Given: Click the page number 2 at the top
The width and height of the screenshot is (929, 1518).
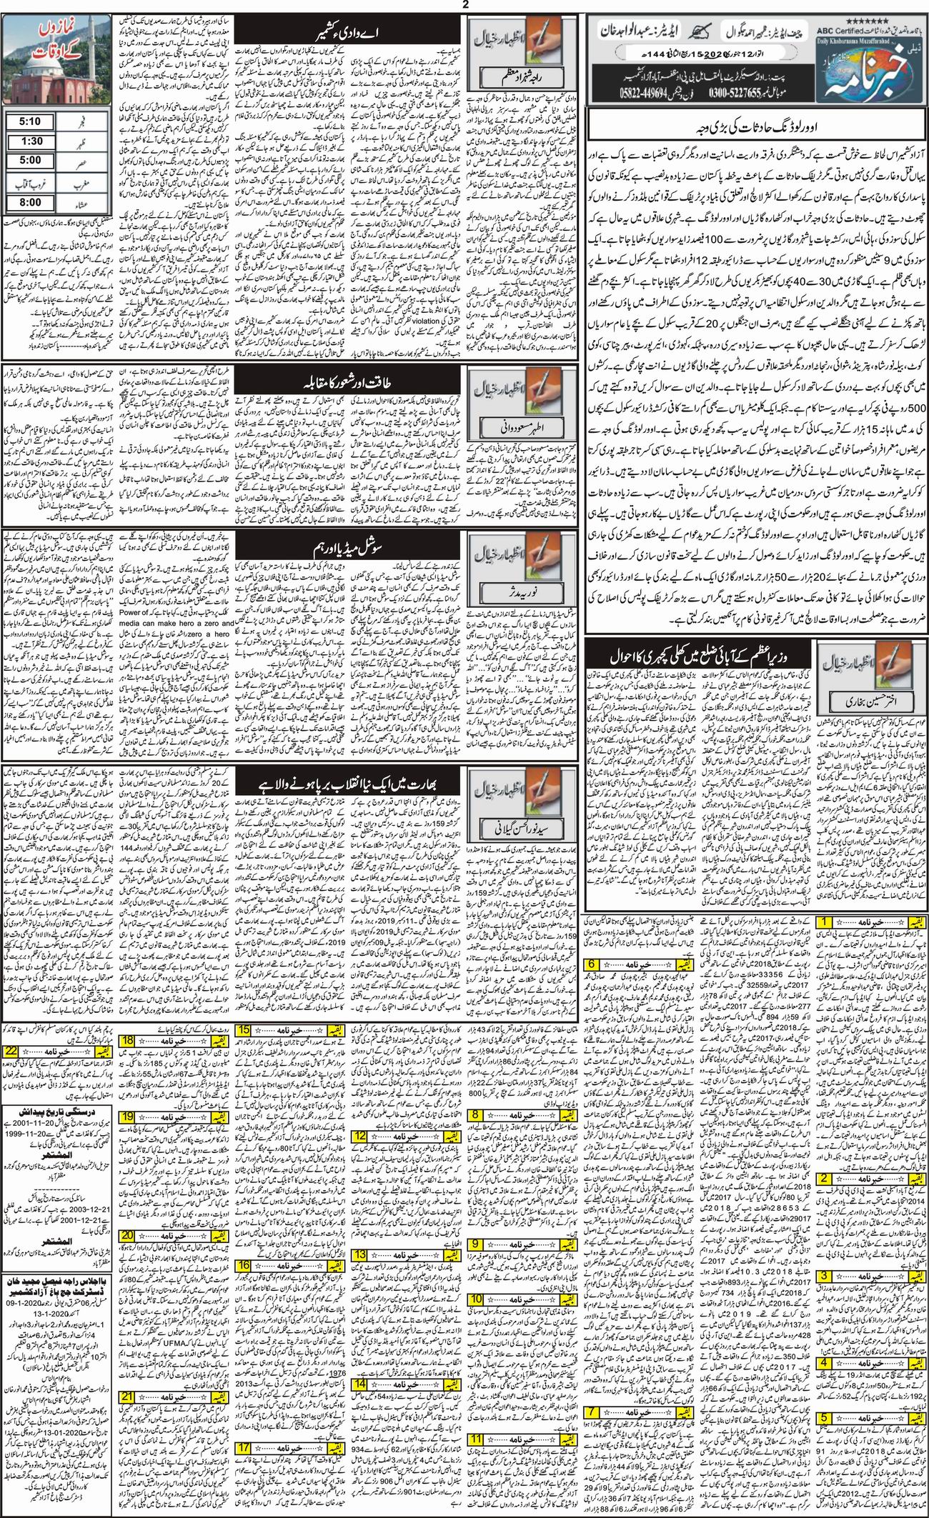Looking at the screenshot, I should (465, 5).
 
